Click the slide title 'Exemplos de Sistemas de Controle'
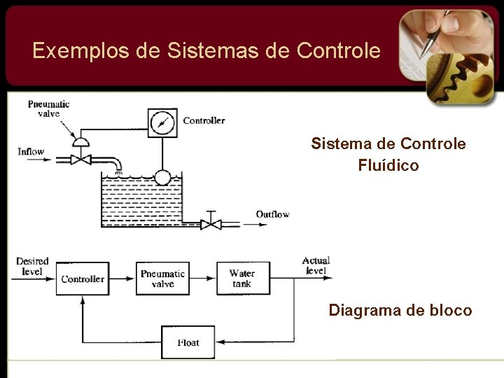pos(206,51)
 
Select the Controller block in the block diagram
pos(83,279)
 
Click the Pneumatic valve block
pos(162,279)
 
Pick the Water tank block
pos(242,279)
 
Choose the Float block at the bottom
pos(188,342)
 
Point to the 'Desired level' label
pos(32,266)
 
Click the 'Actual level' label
pos(316,265)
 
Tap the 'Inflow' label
pos(31,151)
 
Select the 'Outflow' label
pos(272,214)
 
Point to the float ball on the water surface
pos(162,178)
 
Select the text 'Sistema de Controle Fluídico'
pos(388,155)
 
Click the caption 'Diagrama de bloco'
pos(400,310)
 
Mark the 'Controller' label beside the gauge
pos(204,120)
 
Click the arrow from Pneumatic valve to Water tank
pos(204,279)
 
